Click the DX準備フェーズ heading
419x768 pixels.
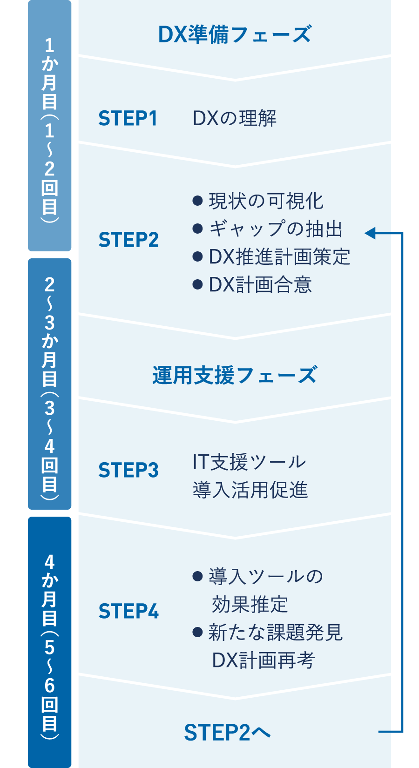click(x=235, y=34)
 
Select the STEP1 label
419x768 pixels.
click(x=128, y=118)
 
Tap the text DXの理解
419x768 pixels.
click(x=235, y=118)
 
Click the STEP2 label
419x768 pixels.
click(x=128, y=240)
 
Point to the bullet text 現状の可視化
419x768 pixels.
click(x=266, y=201)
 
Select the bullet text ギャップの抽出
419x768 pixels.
click(x=276, y=229)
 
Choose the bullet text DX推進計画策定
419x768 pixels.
click(x=279, y=256)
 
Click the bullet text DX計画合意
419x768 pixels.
click(x=260, y=284)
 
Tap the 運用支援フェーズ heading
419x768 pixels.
click(x=235, y=375)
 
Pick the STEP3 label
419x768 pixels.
click(x=128, y=470)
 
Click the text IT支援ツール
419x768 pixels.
click(x=249, y=462)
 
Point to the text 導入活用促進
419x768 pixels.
click(x=250, y=490)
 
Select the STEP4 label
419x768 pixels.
click(x=128, y=611)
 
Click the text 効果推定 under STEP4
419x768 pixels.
click(x=250, y=605)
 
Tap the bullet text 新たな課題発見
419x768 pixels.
click(x=275, y=632)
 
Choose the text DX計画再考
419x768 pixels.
click(x=264, y=660)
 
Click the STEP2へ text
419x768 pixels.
click(x=227, y=732)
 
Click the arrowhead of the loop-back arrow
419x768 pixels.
click(x=371, y=233)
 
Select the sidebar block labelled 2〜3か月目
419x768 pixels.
click(x=50, y=384)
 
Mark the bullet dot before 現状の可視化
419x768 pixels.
click(x=197, y=201)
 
